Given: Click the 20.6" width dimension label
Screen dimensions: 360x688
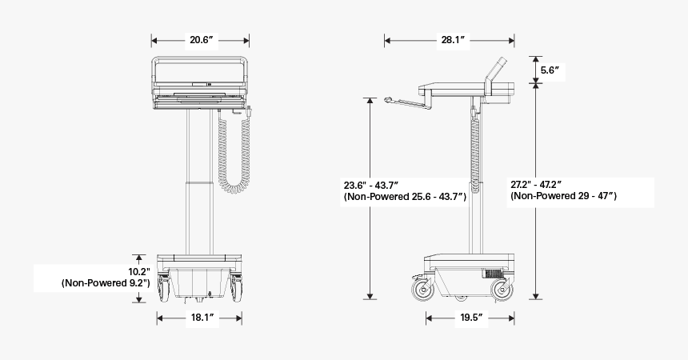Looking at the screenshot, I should click(x=200, y=40).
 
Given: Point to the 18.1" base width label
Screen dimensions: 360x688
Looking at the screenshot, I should click(x=200, y=318).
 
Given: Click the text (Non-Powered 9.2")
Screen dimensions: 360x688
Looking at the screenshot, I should click(x=106, y=282).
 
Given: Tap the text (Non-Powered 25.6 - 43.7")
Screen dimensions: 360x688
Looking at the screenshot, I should click(x=405, y=196).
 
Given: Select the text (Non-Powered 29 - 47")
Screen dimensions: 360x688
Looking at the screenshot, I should click(x=563, y=196).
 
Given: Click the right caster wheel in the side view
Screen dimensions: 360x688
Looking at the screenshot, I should click(x=502, y=289).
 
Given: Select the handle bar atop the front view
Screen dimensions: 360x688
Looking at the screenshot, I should click(x=200, y=58).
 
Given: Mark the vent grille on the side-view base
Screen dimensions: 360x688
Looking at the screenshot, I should click(x=496, y=273).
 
